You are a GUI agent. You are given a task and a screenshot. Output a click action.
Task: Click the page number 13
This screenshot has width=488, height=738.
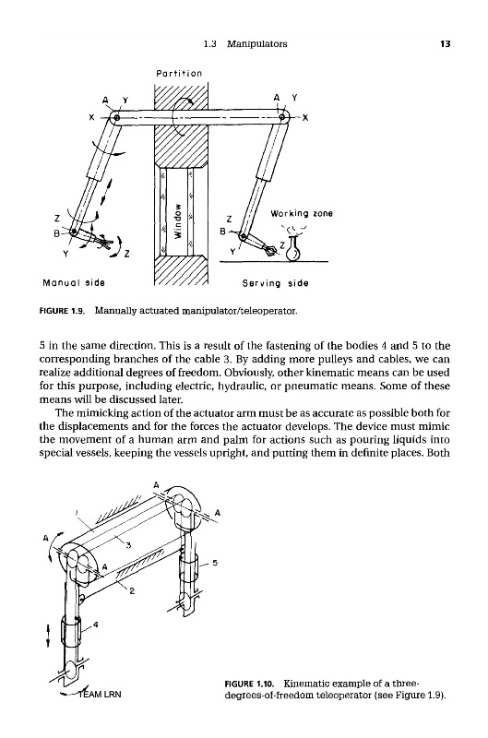tap(446, 44)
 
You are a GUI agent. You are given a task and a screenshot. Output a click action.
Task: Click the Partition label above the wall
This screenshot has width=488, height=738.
tap(179, 74)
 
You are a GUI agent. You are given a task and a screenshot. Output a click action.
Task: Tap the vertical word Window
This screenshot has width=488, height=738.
tap(177, 220)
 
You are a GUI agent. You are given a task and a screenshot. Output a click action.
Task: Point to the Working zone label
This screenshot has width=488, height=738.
tap(301, 214)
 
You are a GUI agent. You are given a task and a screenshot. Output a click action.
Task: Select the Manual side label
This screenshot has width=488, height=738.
tap(74, 283)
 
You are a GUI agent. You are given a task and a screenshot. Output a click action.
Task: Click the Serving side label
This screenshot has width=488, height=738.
tap(275, 283)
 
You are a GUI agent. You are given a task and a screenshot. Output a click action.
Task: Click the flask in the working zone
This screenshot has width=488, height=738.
tap(294, 248)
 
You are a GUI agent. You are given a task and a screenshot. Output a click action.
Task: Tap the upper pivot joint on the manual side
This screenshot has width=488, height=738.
tap(117, 117)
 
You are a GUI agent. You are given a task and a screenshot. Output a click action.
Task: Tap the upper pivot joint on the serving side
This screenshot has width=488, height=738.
tap(282, 117)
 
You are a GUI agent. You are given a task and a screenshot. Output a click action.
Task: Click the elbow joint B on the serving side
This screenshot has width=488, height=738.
tap(243, 236)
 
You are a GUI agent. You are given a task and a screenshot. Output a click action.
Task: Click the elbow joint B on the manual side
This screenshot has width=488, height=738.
tap(74, 232)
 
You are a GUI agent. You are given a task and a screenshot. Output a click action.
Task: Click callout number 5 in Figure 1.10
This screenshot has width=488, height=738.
tap(215, 563)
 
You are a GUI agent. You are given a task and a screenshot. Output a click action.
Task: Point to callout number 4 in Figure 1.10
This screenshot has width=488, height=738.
tap(96, 625)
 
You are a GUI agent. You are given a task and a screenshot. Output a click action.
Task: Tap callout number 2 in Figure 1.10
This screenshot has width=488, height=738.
tap(132, 591)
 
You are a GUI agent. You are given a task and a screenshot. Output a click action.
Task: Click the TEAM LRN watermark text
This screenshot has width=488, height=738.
tap(100, 694)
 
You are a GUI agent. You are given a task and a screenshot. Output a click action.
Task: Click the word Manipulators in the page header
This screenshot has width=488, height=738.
tap(257, 44)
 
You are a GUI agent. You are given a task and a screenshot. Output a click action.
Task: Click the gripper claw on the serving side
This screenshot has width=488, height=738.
tap(270, 250)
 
